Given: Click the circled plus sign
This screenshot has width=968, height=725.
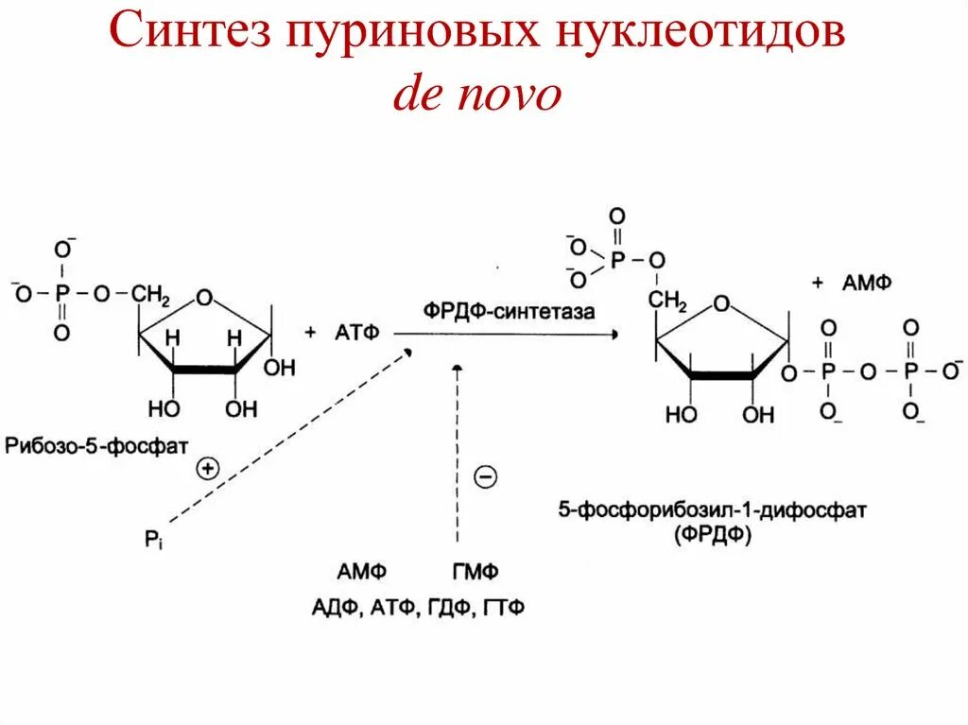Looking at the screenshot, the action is click(x=207, y=467).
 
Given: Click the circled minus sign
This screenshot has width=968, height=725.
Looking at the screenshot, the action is click(x=484, y=477).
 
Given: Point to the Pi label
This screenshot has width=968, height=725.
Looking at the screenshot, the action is click(x=154, y=541).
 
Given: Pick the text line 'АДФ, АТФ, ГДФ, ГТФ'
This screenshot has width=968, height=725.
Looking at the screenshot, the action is click(x=417, y=607).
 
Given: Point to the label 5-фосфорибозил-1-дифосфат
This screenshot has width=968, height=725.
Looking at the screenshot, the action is click(x=712, y=510).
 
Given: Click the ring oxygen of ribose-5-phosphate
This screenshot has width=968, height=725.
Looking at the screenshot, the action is click(x=207, y=301).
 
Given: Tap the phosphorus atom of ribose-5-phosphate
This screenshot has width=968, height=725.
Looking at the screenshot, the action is click(x=61, y=293).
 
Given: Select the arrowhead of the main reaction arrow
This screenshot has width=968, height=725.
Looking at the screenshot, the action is click(x=615, y=334).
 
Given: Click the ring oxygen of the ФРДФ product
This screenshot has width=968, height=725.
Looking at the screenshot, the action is click(x=721, y=304).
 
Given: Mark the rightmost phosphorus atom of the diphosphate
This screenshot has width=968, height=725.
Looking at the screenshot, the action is click(x=911, y=371).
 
